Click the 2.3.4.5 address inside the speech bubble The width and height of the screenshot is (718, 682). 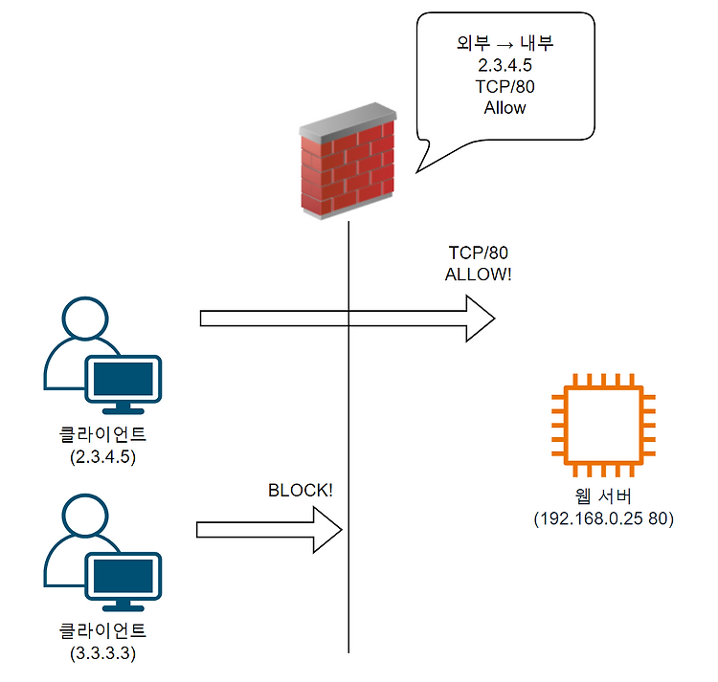(505, 66)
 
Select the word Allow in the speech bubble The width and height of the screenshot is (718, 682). (505, 108)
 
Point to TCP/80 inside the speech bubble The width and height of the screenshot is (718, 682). (505, 87)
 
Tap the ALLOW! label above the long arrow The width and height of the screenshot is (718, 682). (479, 274)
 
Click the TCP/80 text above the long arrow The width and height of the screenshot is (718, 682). (479, 253)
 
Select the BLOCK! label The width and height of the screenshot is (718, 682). (301, 491)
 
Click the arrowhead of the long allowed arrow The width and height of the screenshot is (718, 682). (481, 318)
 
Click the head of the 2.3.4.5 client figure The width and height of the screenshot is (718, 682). (83, 318)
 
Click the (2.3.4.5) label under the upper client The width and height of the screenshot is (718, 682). (103, 456)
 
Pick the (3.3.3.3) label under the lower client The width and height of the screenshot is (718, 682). (103, 653)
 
